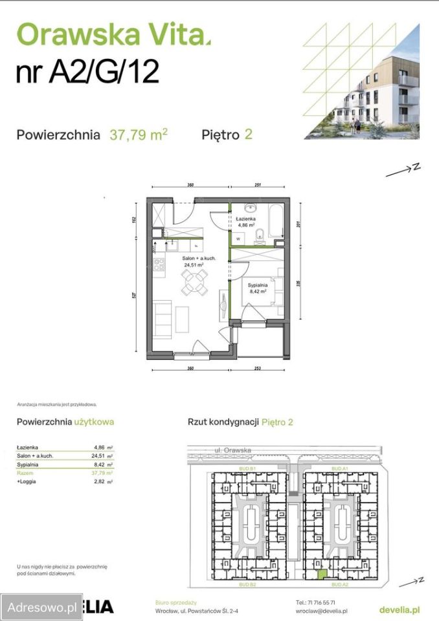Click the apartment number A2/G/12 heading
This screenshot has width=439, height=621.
pyautogui.click(x=87, y=71)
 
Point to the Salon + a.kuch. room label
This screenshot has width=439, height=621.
pyautogui.click(x=198, y=259)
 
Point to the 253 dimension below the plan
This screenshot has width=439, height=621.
pyautogui.click(x=258, y=369)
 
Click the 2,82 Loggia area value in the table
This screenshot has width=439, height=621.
pyautogui.click(x=99, y=482)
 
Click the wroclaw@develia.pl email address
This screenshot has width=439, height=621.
pyautogui.click(x=322, y=611)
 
